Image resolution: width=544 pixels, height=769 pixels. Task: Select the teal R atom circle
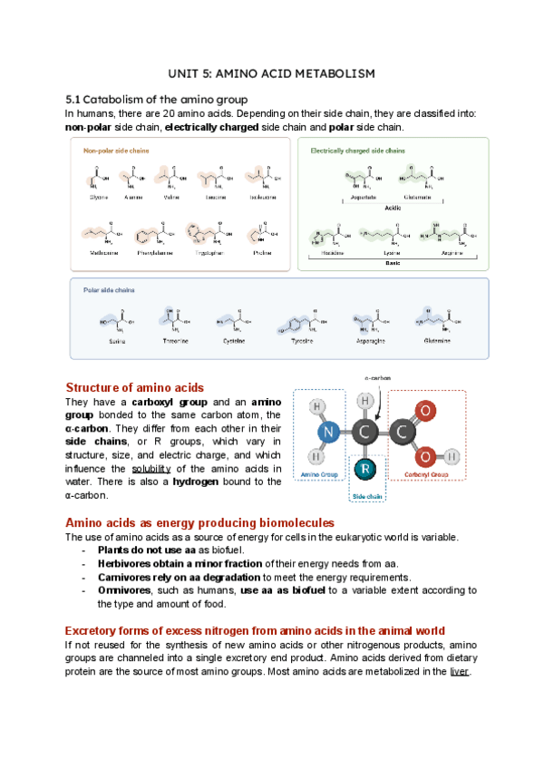pyautogui.click(x=364, y=470)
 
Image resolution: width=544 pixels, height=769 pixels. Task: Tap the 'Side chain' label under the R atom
pyautogui.click(x=367, y=497)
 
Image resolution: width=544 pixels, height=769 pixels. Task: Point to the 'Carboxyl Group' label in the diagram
pyautogui.click(x=426, y=474)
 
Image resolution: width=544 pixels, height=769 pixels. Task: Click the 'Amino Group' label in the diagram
pyautogui.click(x=318, y=474)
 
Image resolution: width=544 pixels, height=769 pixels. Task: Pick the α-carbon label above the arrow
pyautogui.click(x=377, y=375)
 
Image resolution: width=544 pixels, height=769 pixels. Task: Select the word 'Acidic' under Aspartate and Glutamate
pyautogui.click(x=393, y=206)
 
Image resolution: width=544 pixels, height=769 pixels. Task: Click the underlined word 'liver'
pyautogui.click(x=459, y=672)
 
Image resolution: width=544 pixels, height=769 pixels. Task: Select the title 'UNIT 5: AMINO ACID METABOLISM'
pyautogui.click(x=272, y=73)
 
